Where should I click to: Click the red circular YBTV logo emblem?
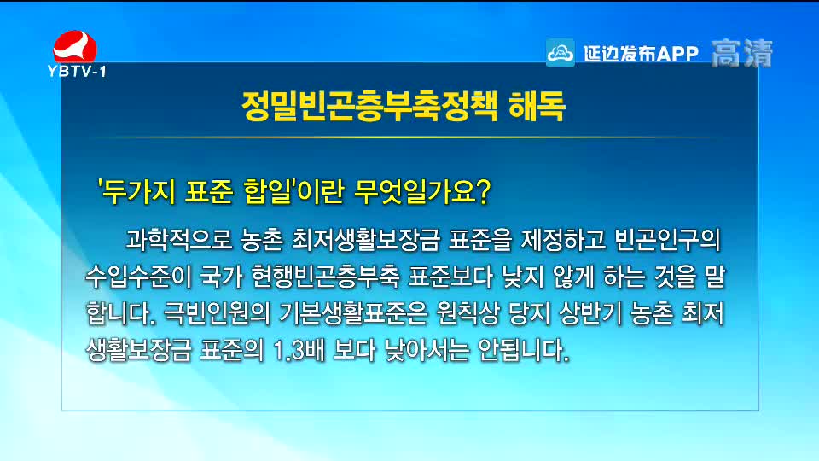[x=75, y=46]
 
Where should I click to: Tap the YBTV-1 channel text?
[x=77, y=71]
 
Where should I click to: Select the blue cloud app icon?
[x=560, y=53]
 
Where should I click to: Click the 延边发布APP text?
[x=641, y=53]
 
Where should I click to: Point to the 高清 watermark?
[x=741, y=53]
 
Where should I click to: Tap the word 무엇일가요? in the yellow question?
[x=422, y=192]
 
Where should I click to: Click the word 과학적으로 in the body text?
[x=178, y=240]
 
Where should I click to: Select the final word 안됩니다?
[x=523, y=350]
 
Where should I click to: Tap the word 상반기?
[x=590, y=313]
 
